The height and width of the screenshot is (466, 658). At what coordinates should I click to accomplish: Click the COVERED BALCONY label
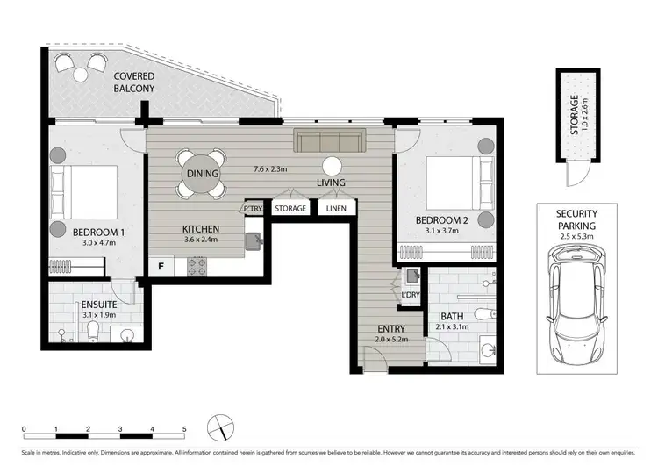[x=133, y=82]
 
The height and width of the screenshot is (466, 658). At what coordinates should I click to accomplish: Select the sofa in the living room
[x=329, y=142]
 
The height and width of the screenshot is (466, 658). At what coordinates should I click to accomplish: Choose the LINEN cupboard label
[x=335, y=209]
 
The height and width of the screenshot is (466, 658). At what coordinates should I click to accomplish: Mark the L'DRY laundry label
[x=410, y=296]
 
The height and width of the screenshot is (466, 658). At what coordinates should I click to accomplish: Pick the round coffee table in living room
[x=332, y=165]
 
